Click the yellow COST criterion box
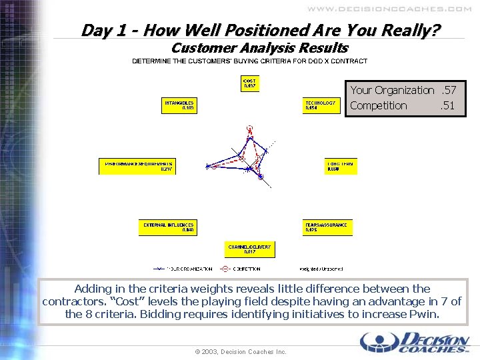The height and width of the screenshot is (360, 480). click(x=249, y=83)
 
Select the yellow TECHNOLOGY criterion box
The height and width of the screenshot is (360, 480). click(x=322, y=105)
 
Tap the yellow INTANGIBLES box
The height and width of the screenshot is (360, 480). click(x=179, y=105)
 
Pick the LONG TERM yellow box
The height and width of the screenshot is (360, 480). click(x=341, y=166)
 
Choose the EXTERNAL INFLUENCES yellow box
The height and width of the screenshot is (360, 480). click(x=168, y=227)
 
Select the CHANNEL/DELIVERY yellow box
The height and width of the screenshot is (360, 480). click(x=249, y=249)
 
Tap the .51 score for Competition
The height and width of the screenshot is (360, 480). click(x=448, y=105)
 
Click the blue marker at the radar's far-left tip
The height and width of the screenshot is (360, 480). click(x=208, y=166)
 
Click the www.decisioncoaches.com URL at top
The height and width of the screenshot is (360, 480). click(x=389, y=9)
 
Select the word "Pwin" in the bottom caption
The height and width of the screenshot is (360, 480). click(x=427, y=314)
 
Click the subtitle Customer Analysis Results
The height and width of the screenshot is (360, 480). click(x=259, y=48)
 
